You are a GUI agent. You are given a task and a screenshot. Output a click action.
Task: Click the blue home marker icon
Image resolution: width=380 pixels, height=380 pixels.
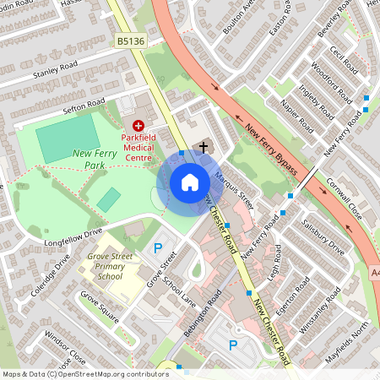(190, 182)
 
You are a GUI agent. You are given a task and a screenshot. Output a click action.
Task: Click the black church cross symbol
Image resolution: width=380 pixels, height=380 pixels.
(203, 147)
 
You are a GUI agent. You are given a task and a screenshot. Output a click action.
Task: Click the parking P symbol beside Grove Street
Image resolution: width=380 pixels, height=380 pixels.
(157, 248)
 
